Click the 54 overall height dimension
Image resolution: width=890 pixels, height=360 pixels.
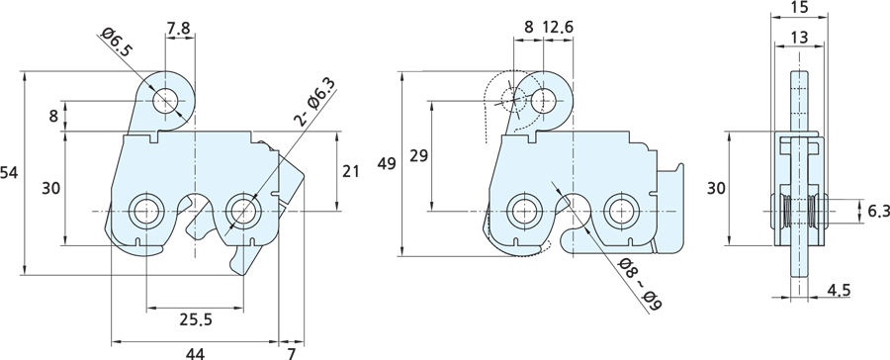(x=9, y=173)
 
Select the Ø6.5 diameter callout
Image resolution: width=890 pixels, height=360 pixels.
(x=115, y=42)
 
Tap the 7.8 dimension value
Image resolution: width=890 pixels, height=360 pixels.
(x=179, y=27)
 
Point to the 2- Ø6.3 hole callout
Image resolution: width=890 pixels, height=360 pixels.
(x=314, y=101)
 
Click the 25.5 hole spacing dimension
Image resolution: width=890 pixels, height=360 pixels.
(x=196, y=319)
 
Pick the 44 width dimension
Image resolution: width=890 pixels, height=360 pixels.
(x=195, y=354)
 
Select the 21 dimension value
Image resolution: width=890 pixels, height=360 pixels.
(x=351, y=170)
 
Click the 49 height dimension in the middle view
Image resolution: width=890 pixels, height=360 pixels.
(x=387, y=164)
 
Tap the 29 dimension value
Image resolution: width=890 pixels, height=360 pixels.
(x=419, y=155)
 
